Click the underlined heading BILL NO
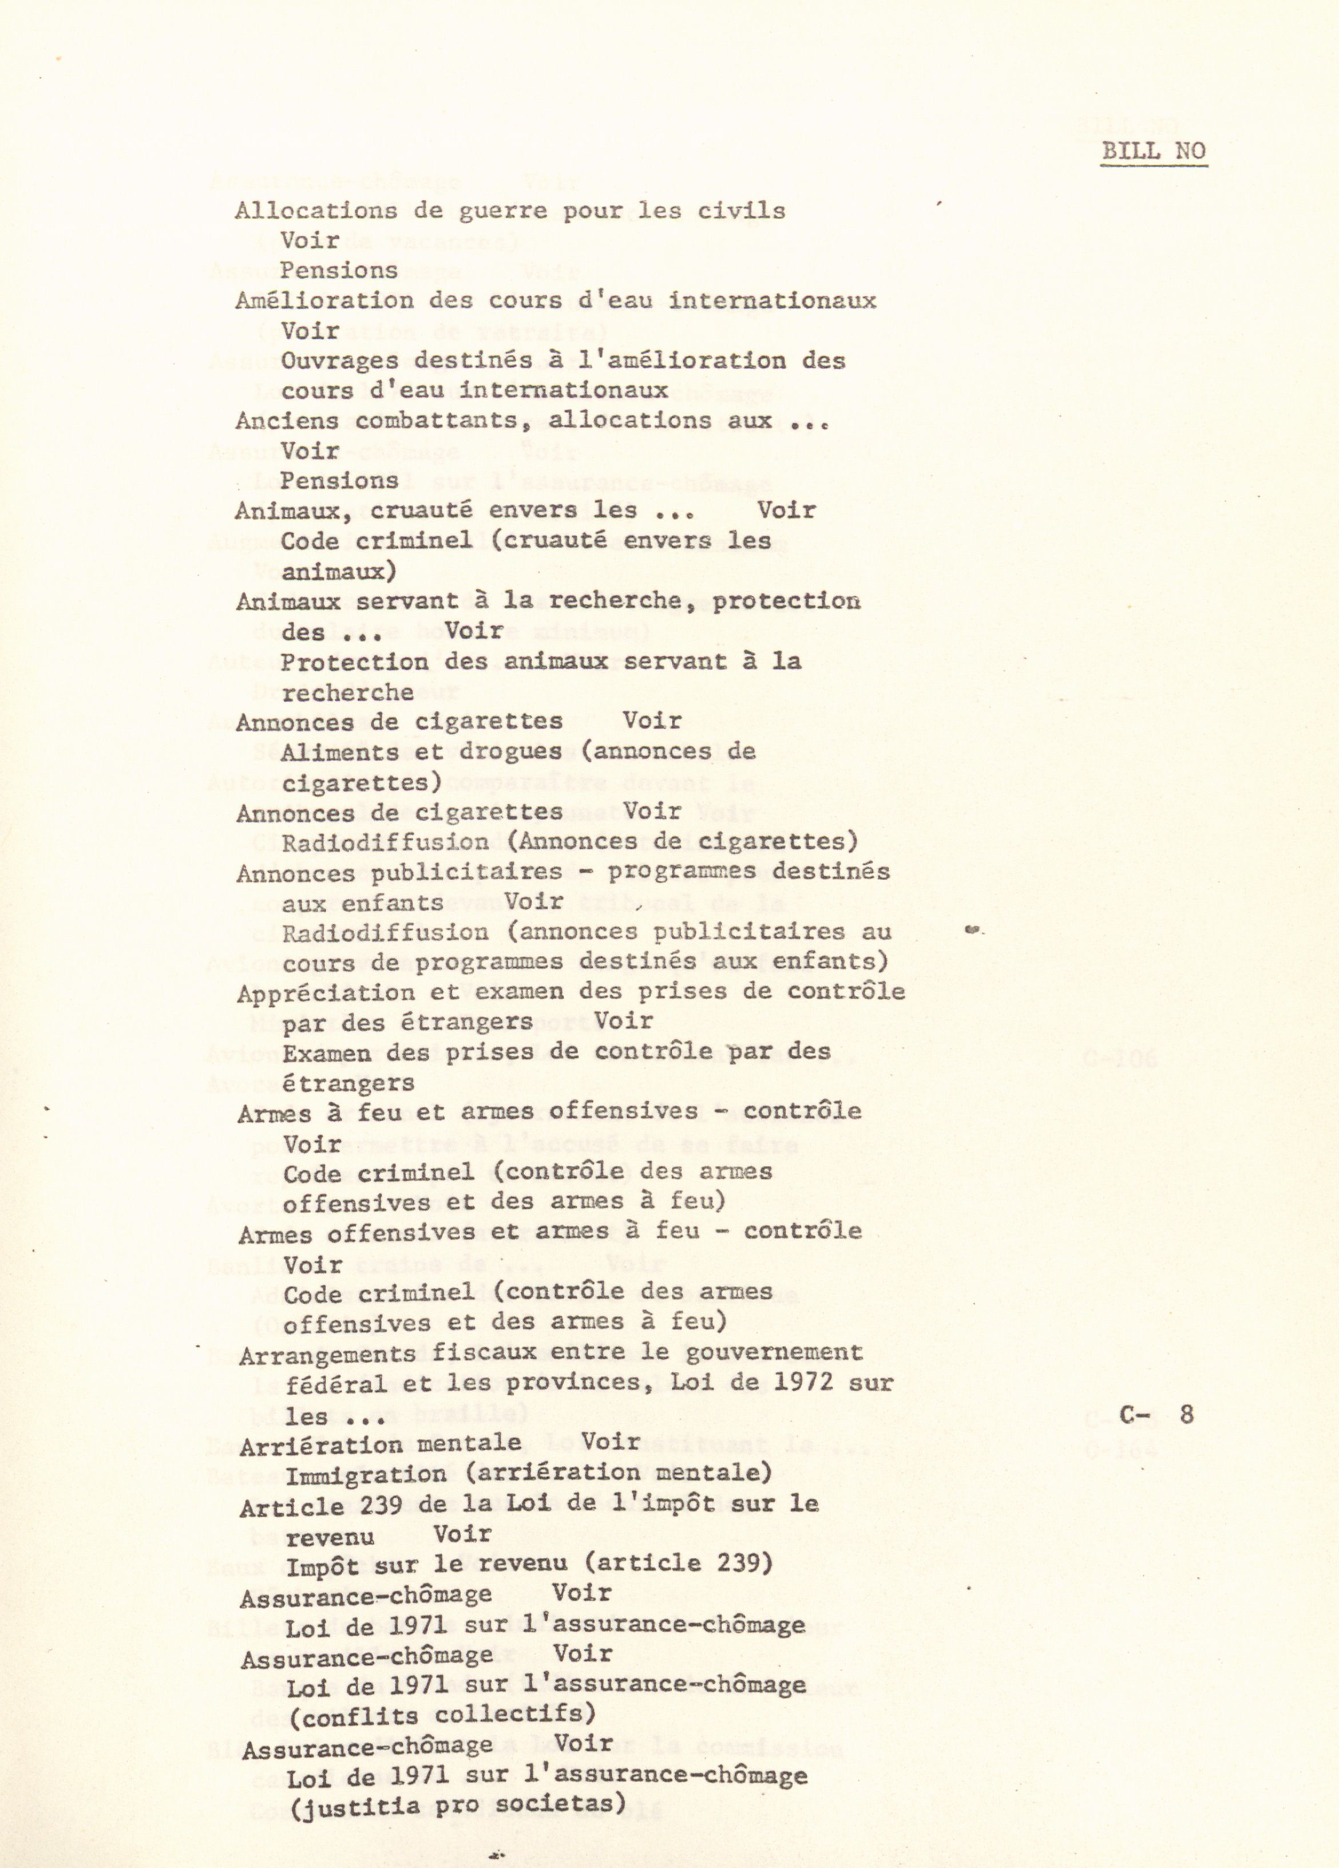[x=1154, y=151]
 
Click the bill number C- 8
[x=1156, y=1414]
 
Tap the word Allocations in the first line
[x=315, y=211]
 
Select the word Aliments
[x=339, y=752]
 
